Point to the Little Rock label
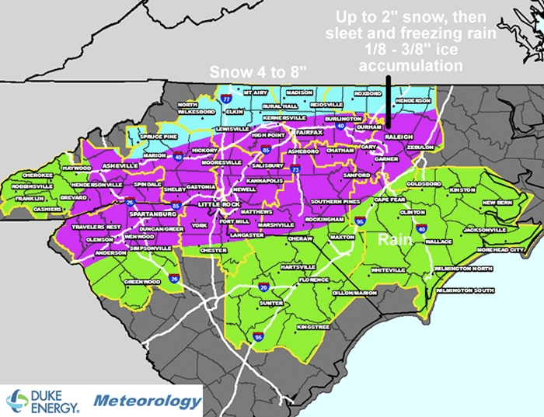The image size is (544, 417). pyautogui.click(x=215, y=204)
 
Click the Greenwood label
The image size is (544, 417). pyautogui.click(x=141, y=282)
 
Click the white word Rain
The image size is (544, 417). pyautogui.click(x=394, y=241)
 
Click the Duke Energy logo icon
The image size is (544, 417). pyautogui.click(x=17, y=401)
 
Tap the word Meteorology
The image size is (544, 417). pyautogui.click(x=148, y=401)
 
